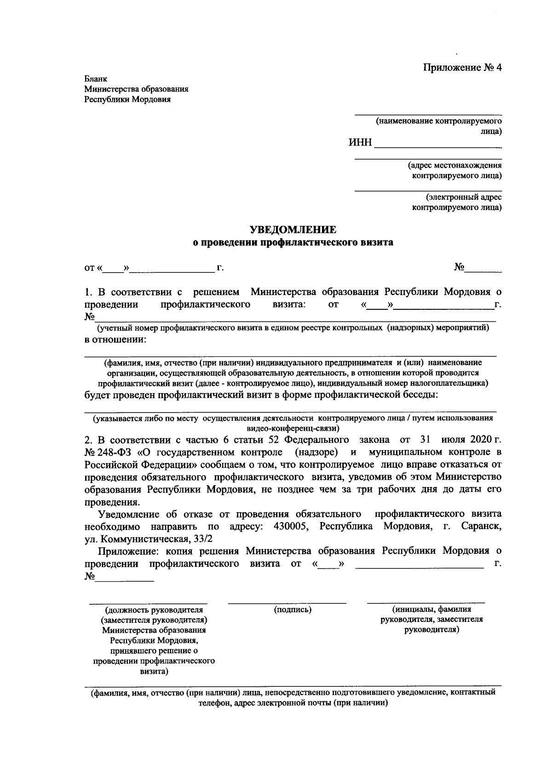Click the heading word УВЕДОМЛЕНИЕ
point(293,229)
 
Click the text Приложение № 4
point(462,68)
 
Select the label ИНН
point(360,143)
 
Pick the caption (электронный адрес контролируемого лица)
point(457,203)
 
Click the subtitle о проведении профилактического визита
point(293,243)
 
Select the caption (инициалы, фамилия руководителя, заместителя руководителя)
point(431,619)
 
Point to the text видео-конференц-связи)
point(293,428)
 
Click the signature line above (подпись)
point(287,602)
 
